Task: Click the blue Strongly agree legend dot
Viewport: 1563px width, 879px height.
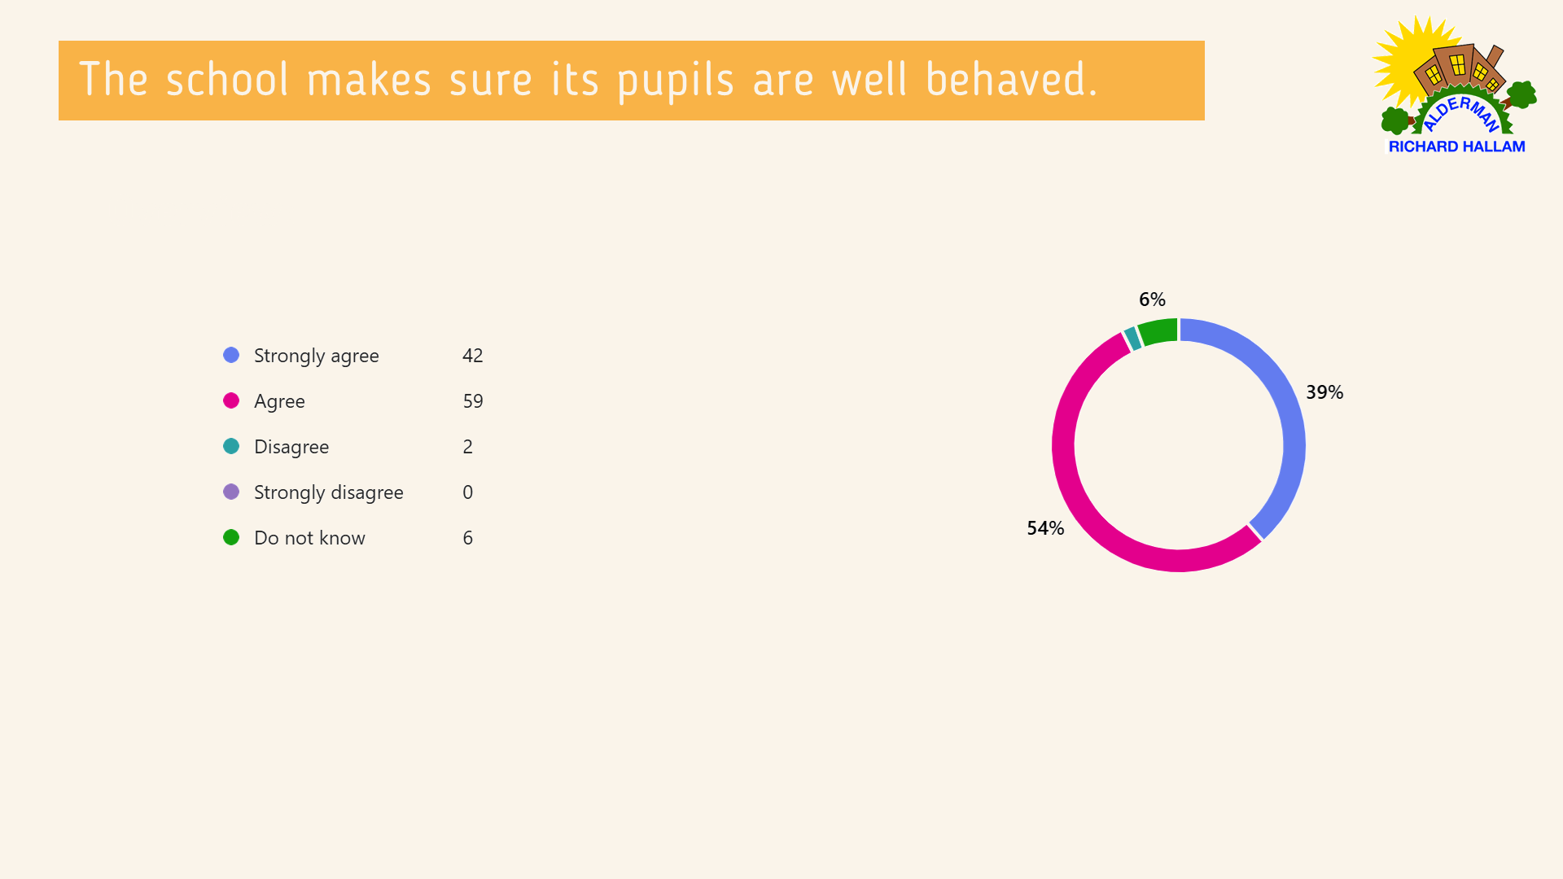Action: (231, 355)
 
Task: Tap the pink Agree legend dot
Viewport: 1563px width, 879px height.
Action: (231, 400)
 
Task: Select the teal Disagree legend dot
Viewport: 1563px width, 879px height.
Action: (231, 446)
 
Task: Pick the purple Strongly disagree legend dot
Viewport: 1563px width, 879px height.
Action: (231, 492)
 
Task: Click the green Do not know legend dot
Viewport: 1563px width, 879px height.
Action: (231, 537)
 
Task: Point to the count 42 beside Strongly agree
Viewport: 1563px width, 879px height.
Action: (473, 356)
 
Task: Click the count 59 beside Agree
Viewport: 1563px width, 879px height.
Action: (473, 401)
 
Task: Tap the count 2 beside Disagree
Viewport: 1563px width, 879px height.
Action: (468, 447)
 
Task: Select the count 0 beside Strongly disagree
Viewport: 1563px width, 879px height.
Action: (468, 492)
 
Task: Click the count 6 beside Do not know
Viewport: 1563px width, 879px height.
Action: (468, 538)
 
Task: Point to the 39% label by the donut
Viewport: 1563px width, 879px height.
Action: (1324, 392)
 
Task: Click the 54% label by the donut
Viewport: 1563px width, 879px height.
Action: (1045, 528)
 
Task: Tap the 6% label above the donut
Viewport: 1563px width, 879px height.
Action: (1152, 300)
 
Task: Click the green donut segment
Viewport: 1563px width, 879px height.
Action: (1158, 331)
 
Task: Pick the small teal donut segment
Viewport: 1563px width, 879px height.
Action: (1132, 339)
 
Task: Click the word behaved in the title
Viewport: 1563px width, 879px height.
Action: (1012, 80)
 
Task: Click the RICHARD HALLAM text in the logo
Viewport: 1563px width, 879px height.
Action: (1456, 146)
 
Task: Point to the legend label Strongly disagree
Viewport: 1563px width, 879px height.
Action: (329, 492)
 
